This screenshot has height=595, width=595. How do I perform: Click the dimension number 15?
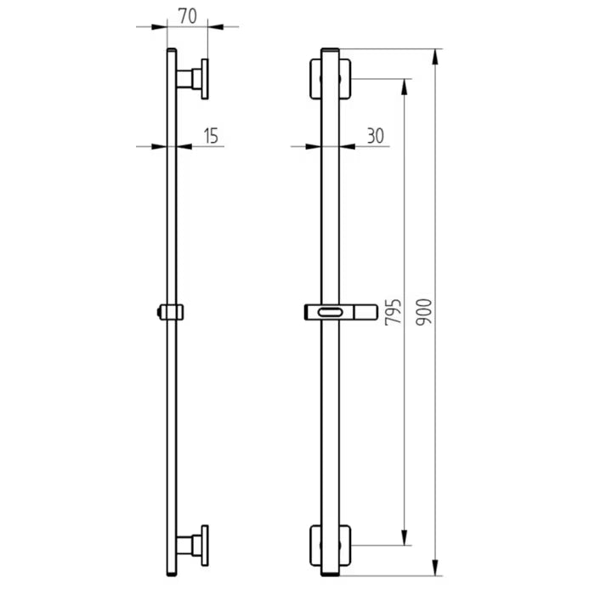point(212,134)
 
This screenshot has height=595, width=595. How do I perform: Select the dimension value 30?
point(375,134)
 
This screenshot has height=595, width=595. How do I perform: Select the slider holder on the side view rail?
point(171,312)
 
